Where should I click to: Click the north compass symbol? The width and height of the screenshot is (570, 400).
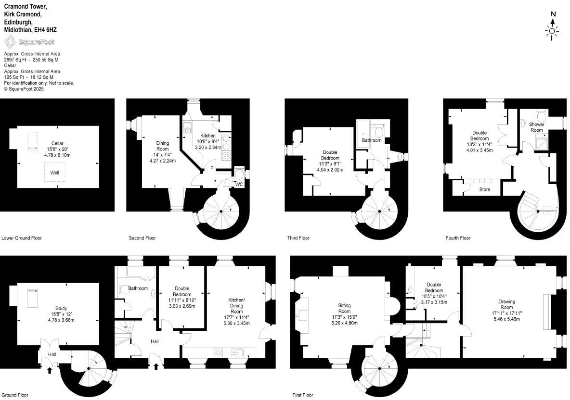[552, 27]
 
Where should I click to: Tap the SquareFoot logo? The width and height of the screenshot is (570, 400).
[29, 42]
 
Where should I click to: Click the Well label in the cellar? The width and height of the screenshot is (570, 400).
[55, 172]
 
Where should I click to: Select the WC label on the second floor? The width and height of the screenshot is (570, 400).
[239, 184]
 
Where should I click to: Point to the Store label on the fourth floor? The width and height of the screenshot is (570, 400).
[485, 190]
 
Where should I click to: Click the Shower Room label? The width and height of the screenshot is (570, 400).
[537, 127]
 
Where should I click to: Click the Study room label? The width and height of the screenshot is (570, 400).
[61, 308]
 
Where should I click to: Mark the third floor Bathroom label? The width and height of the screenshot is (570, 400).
[372, 140]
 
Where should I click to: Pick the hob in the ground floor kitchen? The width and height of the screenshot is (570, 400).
[218, 352]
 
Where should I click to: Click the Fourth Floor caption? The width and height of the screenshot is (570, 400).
[458, 238]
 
